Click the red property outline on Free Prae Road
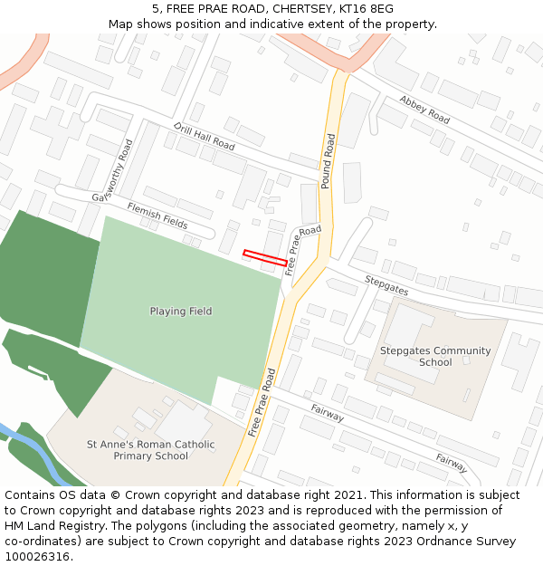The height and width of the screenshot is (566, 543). click(265, 257)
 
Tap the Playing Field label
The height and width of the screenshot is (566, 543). click(181, 312)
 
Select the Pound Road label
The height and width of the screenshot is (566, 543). click(328, 161)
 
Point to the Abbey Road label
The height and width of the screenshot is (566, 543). click(424, 110)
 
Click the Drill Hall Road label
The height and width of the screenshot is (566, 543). click(205, 137)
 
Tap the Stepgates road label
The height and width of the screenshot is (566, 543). click(386, 285)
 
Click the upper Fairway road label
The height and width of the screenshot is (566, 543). click(327, 414)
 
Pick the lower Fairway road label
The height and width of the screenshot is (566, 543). click(452, 464)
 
